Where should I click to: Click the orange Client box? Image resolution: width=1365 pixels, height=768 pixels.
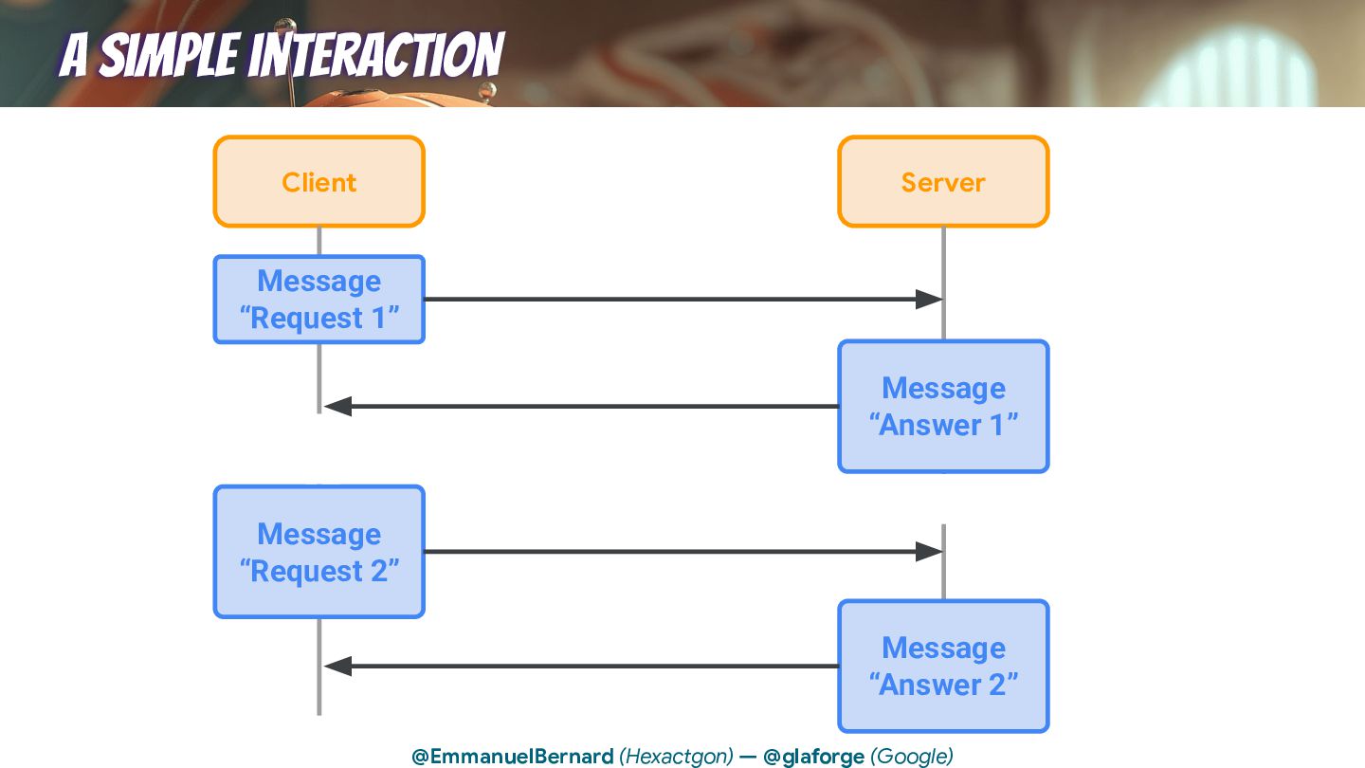tap(318, 182)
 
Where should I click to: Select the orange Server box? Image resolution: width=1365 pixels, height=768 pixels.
tap(943, 182)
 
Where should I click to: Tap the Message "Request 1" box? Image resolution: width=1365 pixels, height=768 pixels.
tap(318, 300)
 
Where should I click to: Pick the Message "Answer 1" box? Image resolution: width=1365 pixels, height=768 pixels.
tap(943, 407)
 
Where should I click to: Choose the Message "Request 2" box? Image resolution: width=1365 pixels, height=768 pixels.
tap(318, 552)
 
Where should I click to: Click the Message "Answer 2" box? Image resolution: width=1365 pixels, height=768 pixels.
tap(943, 666)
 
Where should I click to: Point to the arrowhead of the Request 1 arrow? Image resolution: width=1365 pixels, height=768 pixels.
tap(929, 300)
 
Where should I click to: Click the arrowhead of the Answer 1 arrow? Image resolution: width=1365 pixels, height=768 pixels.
tap(337, 407)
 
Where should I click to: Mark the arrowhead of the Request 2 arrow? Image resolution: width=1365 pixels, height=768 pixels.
tap(929, 552)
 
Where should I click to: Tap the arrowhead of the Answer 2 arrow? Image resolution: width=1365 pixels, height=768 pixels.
tap(337, 667)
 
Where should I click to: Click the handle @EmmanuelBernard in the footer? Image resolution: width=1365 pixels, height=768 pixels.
tap(513, 757)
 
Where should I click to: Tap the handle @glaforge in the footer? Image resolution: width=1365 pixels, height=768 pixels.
tap(813, 757)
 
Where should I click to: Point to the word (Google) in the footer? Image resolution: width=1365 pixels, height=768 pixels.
tap(911, 757)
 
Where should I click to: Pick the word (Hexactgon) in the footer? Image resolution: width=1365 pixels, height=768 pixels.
tap(676, 757)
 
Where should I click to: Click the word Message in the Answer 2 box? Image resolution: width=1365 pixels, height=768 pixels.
tap(943, 648)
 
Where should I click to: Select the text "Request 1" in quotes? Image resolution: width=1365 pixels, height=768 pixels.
tap(318, 319)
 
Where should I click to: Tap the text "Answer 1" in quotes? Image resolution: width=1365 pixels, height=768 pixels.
tap(943, 425)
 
